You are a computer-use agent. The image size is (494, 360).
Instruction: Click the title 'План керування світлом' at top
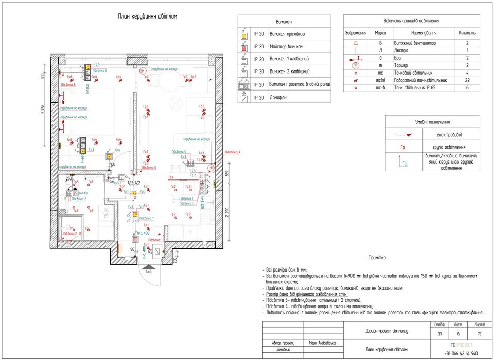[148, 16]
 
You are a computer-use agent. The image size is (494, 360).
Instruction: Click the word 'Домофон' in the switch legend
[278, 97]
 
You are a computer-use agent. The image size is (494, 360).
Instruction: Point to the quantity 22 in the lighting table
[467, 80]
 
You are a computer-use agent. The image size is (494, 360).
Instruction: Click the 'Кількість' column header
[467, 33]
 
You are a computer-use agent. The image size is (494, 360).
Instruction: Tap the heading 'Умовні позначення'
[432, 122]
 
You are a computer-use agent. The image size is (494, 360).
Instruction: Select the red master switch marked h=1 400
[135, 239]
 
